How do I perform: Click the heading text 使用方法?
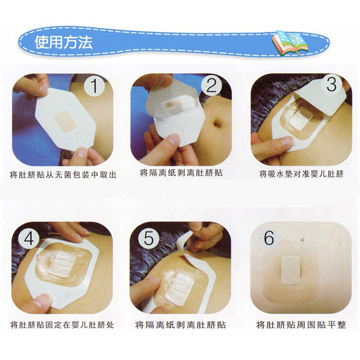[64, 42]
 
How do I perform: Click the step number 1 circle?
[94, 86]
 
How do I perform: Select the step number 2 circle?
[211, 86]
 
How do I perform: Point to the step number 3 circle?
[331, 84]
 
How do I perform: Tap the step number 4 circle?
[29, 239]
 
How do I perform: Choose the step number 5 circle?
[148, 238]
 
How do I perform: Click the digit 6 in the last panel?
[269, 238]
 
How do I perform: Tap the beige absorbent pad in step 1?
[66, 121]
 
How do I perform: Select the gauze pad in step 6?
[291, 270]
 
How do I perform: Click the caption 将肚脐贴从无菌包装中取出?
[63, 175]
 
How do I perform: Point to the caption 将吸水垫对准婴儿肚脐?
[301, 174]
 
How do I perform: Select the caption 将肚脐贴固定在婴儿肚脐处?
[62, 325]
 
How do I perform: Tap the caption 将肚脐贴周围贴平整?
[301, 325]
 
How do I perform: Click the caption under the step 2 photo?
[181, 173]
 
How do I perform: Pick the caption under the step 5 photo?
[181, 325]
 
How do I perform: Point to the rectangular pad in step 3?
[300, 120]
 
